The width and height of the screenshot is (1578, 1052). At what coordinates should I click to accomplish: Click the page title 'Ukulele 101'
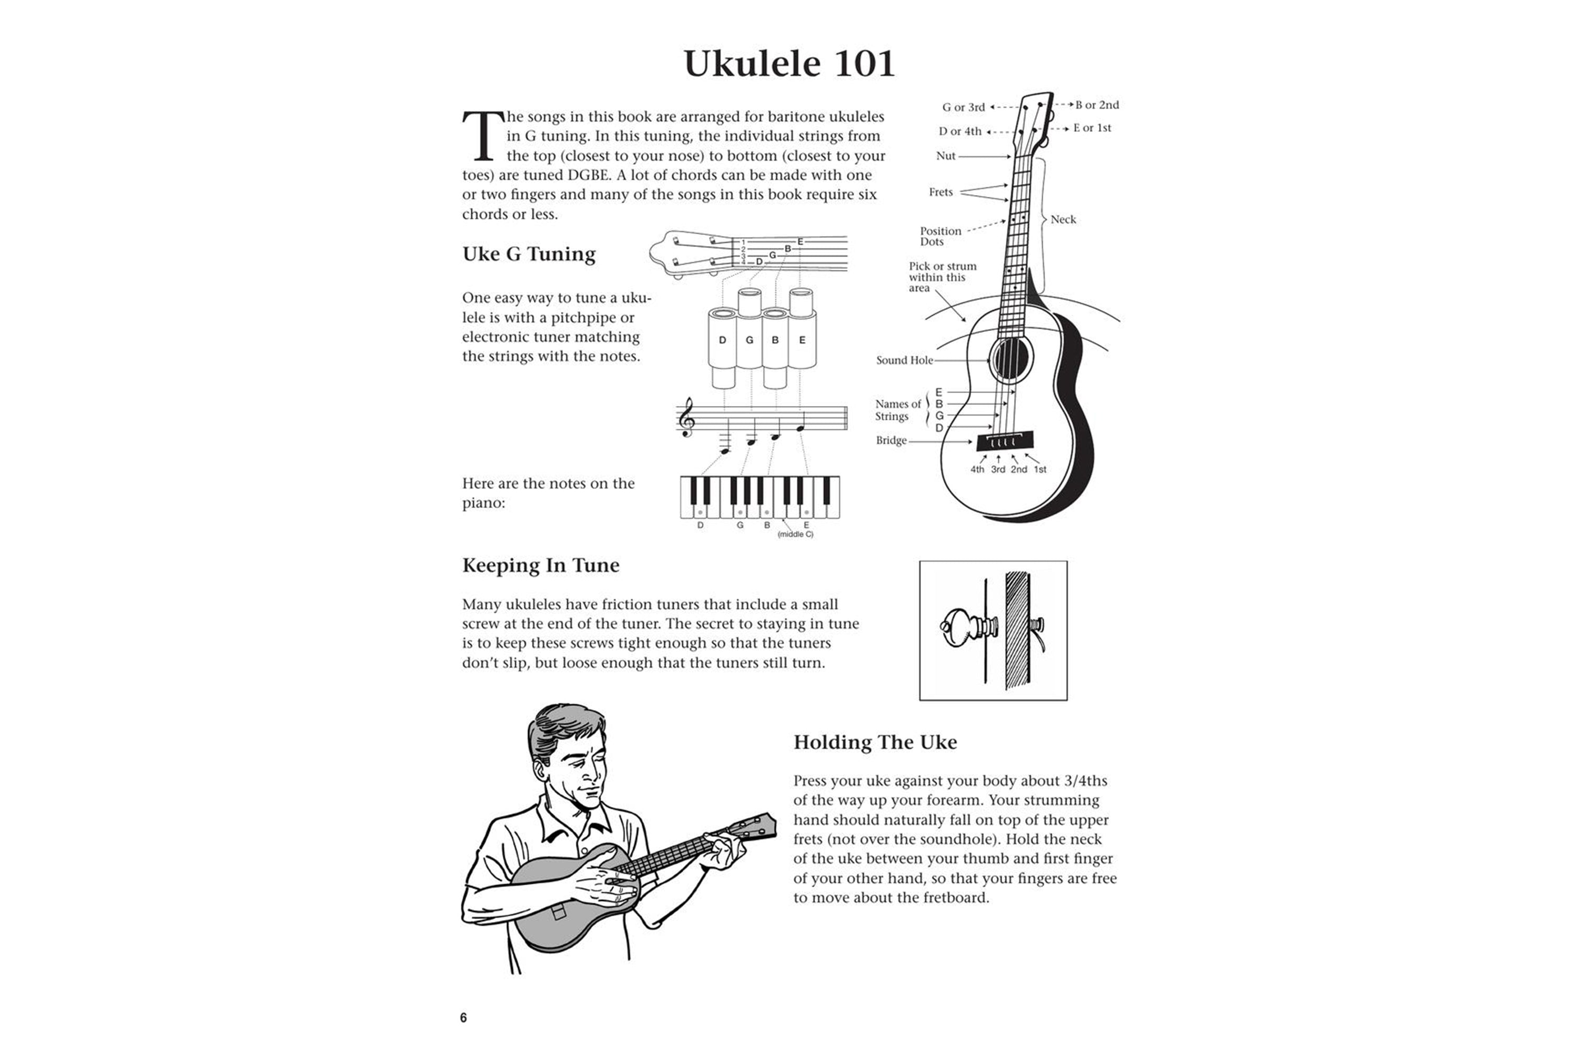[789, 64]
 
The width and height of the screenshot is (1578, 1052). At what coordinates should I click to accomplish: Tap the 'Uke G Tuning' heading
[529, 254]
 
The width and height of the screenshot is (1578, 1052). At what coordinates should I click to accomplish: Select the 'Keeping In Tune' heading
[540, 565]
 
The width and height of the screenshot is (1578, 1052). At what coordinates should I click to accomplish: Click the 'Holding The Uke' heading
[875, 742]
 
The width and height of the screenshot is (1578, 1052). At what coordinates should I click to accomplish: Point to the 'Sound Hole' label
[904, 360]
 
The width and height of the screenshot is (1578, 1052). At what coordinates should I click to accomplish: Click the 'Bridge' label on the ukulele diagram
[891, 441]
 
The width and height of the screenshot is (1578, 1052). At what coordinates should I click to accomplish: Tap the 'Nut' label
[945, 156]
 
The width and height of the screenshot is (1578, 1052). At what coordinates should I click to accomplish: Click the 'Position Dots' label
[940, 236]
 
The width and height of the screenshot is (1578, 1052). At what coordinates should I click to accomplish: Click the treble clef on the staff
[686, 417]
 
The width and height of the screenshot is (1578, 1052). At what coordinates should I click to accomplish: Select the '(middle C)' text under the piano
[795, 535]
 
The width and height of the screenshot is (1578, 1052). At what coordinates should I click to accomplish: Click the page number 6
[463, 1018]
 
